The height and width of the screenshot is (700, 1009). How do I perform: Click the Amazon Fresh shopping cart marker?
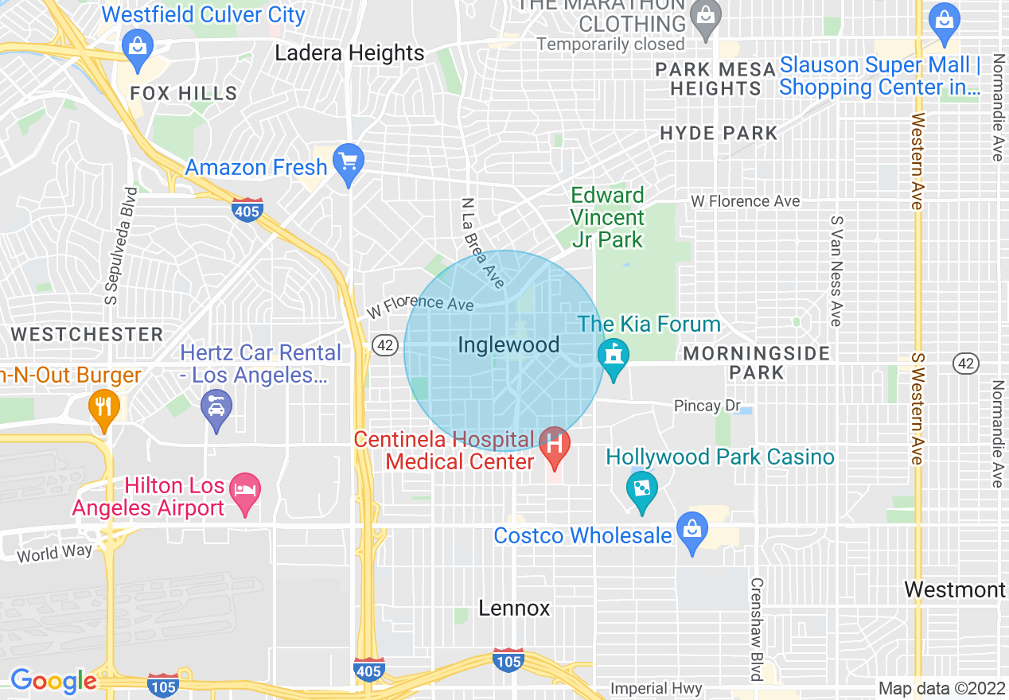[x=348, y=161]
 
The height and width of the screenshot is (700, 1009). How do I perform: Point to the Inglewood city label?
[x=509, y=345]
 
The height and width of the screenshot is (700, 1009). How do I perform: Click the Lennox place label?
[x=514, y=609]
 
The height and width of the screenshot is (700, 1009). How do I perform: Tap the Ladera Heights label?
[x=350, y=53]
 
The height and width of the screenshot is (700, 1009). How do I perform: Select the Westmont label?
[x=955, y=590]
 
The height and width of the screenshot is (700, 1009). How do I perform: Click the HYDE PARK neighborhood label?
[x=719, y=133]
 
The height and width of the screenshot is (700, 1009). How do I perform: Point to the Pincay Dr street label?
[x=707, y=406]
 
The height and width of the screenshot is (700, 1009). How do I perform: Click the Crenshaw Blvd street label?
[x=757, y=628]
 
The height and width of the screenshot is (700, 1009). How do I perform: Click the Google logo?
[x=53, y=681]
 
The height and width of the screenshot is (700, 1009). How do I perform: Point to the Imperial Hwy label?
[x=656, y=688]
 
